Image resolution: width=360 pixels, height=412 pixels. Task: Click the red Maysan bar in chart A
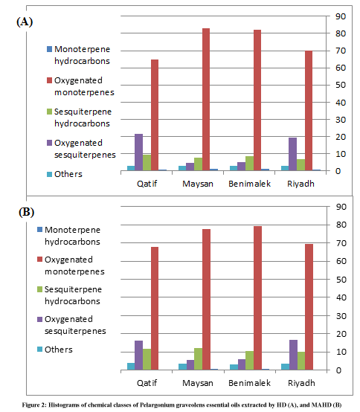(x=206, y=100)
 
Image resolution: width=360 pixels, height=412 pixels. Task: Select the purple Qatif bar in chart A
(x=139, y=152)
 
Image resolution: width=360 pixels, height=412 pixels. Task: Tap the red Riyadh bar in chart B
(x=309, y=307)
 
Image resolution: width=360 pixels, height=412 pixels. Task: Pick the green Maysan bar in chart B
(x=199, y=359)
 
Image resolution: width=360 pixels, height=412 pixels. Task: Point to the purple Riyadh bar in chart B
(x=294, y=355)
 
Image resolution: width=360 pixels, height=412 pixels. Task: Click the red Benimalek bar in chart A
(x=257, y=100)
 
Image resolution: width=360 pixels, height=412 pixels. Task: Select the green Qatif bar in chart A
(x=147, y=163)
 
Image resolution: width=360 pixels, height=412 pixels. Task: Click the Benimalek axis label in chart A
(x=249, y=184)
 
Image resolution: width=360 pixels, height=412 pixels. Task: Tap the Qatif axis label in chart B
(x=147, y=383)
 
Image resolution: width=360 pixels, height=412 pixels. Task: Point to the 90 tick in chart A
(x=341, y=16)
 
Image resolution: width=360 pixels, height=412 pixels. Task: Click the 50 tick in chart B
(x=341, y=280)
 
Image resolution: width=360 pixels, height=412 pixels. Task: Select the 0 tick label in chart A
(x=338, y=171)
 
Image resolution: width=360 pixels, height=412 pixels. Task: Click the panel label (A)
(x=25, y=22)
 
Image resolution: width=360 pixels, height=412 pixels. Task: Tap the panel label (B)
(x=26, y=212)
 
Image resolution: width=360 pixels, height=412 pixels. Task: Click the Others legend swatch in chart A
(x=49, y=174)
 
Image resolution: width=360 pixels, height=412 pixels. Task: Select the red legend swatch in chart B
(x=39, y=260)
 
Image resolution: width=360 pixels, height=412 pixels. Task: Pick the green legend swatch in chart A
(x=49, y=112)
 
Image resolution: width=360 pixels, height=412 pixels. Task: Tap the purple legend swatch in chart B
(x=39, y=319)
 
